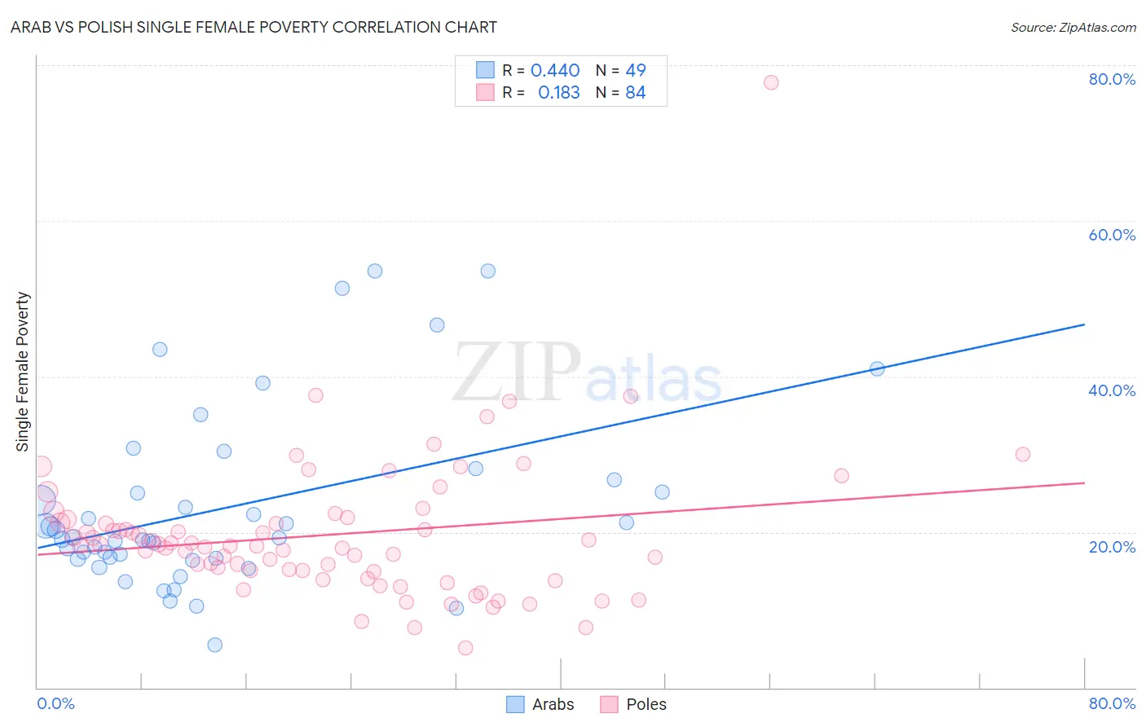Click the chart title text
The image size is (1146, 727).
[x=253, y=27]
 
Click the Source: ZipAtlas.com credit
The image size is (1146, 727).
[x=1073, y=27]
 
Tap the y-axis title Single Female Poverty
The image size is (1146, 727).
[x=23, y=372]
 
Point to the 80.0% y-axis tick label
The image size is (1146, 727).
[x=1112, y=79]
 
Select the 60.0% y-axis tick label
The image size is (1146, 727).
[x=1112, y=235]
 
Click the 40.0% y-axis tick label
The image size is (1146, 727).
[x=1112, y=390]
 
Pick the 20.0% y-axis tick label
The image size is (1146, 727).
[x=1112, y=547]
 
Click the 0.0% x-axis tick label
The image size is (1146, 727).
[x=55, y=703]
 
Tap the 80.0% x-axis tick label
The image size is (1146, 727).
[x=1112, y=703]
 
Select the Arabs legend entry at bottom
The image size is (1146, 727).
[x=540, y=704]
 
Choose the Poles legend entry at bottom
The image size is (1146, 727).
[x=633, y=704]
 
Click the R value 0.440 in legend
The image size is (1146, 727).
[x=555, y=71]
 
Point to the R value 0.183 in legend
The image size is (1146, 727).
[x=558, y=93]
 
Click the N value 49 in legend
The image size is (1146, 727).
[x=636, y=71]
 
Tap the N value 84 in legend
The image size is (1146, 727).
[x=636, y=93]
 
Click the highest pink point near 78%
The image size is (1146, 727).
[x=771, y=82]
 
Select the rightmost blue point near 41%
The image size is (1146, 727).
[x=877, y=368]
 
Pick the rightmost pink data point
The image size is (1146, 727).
[x=1023, y=455]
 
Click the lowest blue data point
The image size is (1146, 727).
[x=215, y=645]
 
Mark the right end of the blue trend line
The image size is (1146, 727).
[x=1084, y=324]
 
